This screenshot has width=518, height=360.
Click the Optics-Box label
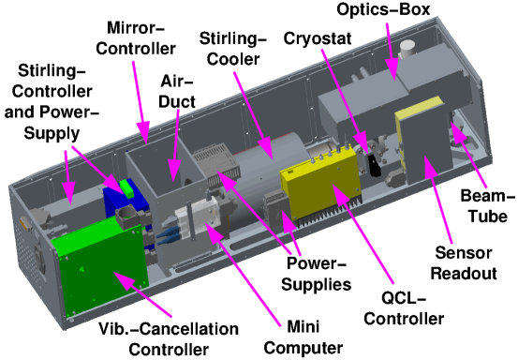383,9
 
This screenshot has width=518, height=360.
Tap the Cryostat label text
318,38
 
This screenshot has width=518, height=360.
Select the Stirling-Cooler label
233,49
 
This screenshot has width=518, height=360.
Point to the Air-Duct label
177,91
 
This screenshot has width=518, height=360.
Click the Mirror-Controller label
136,38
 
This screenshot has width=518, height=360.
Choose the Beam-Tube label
488,206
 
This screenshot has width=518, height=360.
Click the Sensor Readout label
464,263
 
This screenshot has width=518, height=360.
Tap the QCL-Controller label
404,308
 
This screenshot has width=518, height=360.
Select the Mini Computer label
303,337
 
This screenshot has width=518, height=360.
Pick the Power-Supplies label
316,274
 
